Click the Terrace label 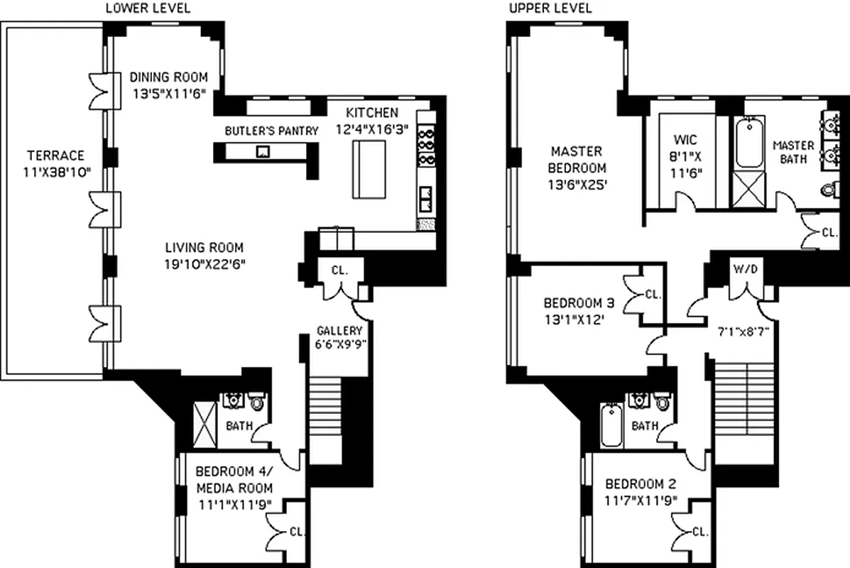click(x=55, y=155)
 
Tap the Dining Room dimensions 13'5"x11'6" click(x=168, y=92)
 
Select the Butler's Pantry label click(x=271, y=131)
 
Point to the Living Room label click(x=204, y=248)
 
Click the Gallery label click(x=339, y=331)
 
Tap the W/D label click(x=745, y=269)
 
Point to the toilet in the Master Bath click(x=827, y=190)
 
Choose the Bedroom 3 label click(x=578, y=302)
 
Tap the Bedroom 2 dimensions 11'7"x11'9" click(x=640, y=501)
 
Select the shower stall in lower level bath click(x=205, y=424)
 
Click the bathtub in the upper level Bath click(x=611, y=425)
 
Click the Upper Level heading click(x=540, y=9)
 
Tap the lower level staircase click(x=327, y=419)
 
